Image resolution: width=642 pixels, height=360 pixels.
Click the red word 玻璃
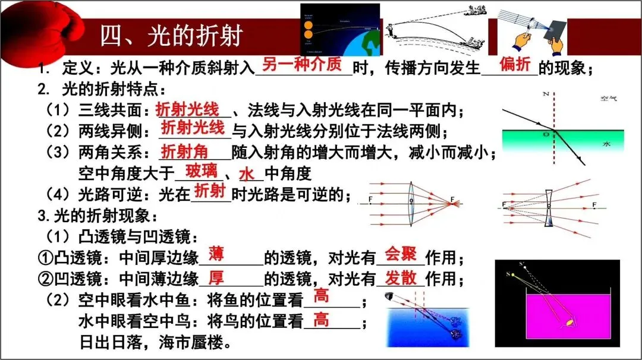click(x=202, y=172)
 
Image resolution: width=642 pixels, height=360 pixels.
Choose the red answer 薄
click(x=216, y=254)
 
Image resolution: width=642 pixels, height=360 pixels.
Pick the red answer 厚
click(x=216, y=277)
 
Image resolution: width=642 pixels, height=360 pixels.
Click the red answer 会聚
click(x=401, y=254)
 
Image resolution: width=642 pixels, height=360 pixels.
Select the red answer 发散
click(x=401, y=277)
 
